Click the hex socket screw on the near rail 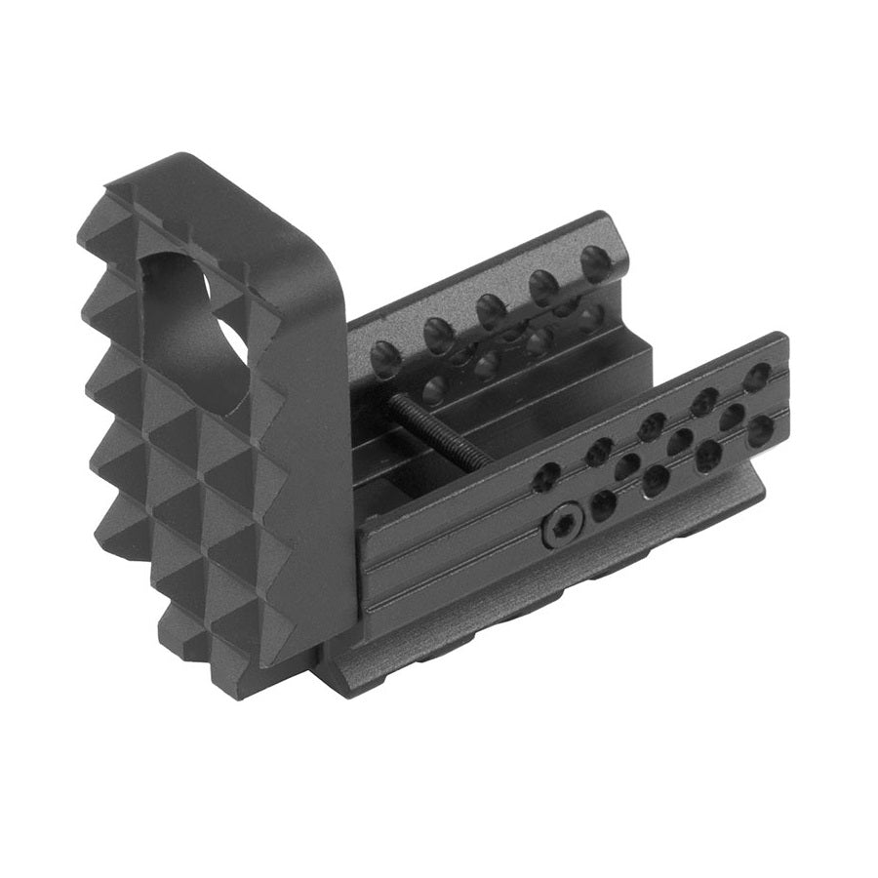tap(559, 528)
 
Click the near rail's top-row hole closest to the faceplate tap(547, 476)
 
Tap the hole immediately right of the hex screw tap(604, 504)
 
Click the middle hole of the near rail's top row tap(651, 426)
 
